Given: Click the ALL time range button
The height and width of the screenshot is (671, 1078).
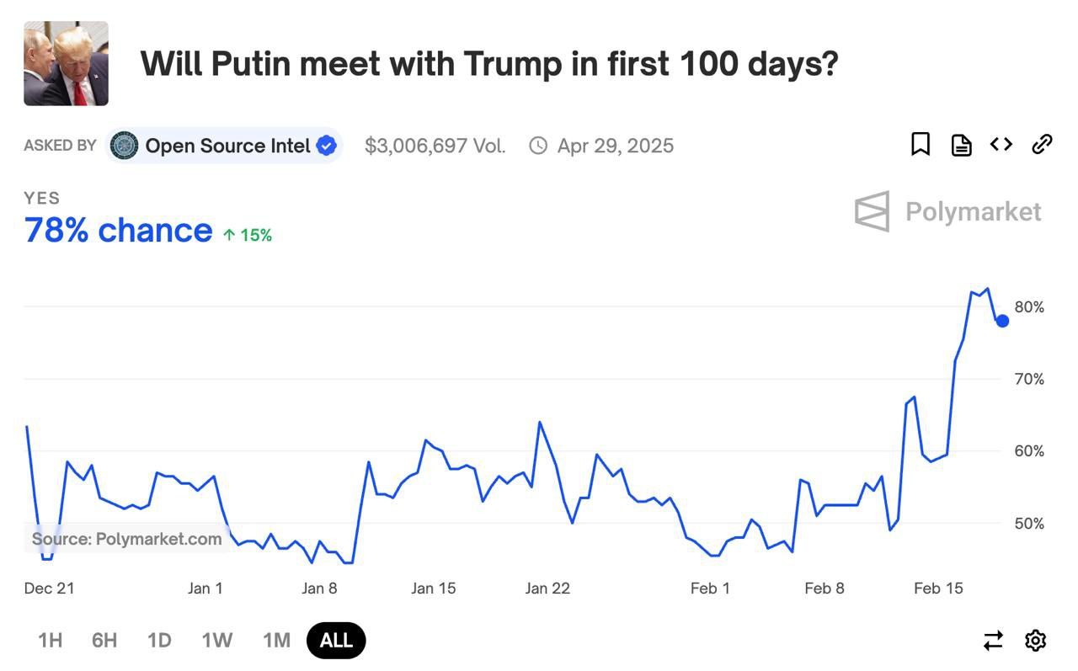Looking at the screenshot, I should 336,640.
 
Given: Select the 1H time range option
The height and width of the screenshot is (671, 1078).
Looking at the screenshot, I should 51,640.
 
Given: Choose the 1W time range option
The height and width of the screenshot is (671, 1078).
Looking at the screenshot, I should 216,640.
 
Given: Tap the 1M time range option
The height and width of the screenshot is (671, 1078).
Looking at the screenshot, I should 276,640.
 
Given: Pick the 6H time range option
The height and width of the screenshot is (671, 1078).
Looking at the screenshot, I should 104,640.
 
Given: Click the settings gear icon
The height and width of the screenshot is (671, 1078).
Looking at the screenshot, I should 1035,641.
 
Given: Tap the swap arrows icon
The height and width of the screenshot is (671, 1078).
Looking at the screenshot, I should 994,641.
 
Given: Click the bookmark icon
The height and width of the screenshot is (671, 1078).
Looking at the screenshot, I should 921,145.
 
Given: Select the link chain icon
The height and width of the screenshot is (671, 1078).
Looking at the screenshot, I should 1042,145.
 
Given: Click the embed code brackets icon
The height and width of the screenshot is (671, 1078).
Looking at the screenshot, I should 1001,145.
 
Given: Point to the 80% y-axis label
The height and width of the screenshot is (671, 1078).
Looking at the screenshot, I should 1029,307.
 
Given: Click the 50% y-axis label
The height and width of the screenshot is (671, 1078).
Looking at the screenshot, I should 1029,524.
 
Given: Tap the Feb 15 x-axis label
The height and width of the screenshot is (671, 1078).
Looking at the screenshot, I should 938,588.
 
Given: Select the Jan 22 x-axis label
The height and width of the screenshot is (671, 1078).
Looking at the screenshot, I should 547,588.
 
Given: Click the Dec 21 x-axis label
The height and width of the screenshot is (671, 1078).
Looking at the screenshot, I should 49,588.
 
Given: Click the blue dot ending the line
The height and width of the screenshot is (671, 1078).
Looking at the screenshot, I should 1002,321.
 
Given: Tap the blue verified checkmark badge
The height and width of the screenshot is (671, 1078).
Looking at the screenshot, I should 326,146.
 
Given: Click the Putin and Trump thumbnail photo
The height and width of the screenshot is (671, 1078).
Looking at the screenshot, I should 66,64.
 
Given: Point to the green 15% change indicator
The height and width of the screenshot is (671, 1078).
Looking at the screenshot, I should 248,235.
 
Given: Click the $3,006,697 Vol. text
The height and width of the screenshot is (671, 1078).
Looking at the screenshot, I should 435,146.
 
